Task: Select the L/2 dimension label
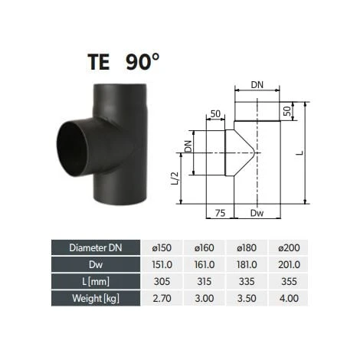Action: (175, 179)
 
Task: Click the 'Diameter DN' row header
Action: (97, 247)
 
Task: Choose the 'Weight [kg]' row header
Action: (97, 296)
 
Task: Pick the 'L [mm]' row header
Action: (97, 280)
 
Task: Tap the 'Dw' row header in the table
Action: (97, 263)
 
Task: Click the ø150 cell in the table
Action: (163, 247)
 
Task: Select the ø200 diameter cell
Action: (290, 247)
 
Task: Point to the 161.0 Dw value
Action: (205, 263)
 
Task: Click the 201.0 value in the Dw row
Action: (290, 263)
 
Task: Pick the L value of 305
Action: (163, 280)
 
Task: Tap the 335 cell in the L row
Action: (247, 280)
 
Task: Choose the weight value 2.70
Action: (163, 296)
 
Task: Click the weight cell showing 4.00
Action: (290, 296)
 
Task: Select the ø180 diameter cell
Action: (247, 247)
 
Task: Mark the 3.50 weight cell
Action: (247, 296)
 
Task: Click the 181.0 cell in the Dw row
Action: (247, 263)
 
